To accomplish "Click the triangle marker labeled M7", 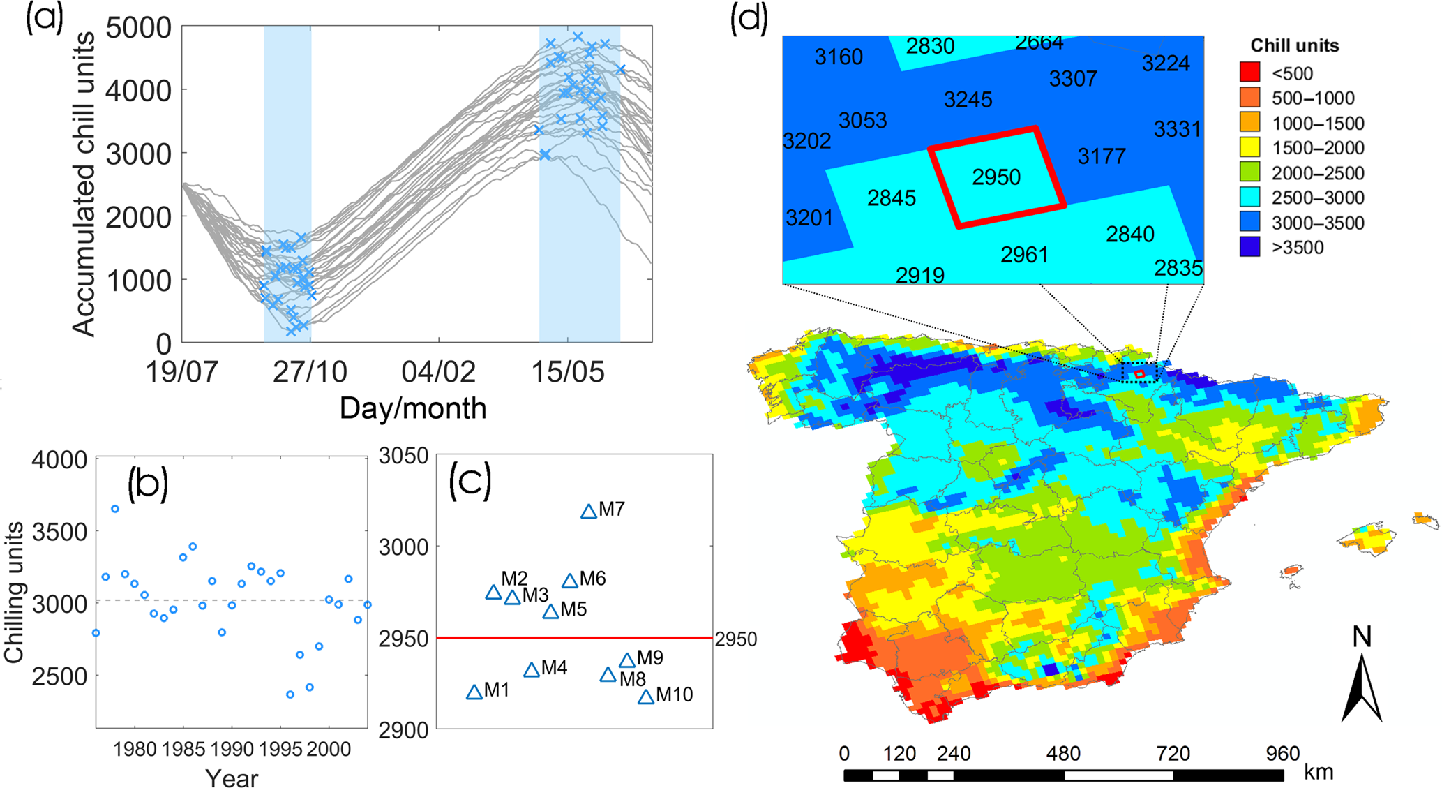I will click(x=589, y=512).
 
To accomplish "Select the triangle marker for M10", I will click(x=646, y=697).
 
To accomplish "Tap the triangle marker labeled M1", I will click(x=474, y=692).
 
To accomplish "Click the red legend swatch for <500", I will click(x=1249, y=73).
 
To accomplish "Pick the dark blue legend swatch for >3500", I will click(x=1249, y=247).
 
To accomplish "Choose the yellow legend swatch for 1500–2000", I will click(x=1249, y=147).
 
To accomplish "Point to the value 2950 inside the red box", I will click(x=996, y=177).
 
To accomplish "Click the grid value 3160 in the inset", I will click(x=839, y=57).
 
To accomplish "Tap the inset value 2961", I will click(x=1024, y=255).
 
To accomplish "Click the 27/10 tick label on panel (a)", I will click(x=310, y=372).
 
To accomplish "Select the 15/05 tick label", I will click(x=568, y=372).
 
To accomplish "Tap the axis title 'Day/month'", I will click(x=412, y=408).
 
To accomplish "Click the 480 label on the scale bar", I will click(x=1063, y=754).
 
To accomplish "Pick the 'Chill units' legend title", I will click(x=1294, y=45).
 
